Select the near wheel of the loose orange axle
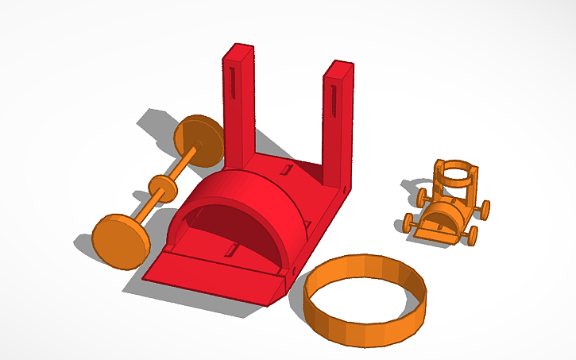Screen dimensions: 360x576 point(120,240)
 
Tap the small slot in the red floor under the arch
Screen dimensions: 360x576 point(230,252)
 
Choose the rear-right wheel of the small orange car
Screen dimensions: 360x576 point(482,208)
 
